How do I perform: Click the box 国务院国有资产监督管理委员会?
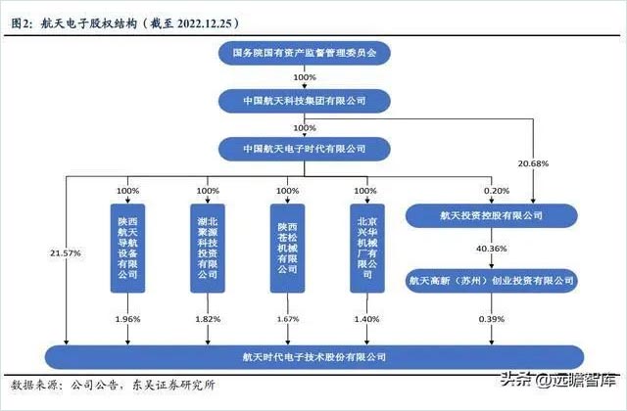click(x=305, y=49)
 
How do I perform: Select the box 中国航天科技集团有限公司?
click(x=305, y=101)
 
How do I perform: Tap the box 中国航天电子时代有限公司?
click(x=305, y=149)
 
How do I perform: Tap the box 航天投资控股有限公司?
click(x=490, y=213)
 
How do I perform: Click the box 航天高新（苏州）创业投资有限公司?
click(x=490, y=280)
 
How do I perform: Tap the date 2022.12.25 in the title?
click(x=202, y=20)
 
